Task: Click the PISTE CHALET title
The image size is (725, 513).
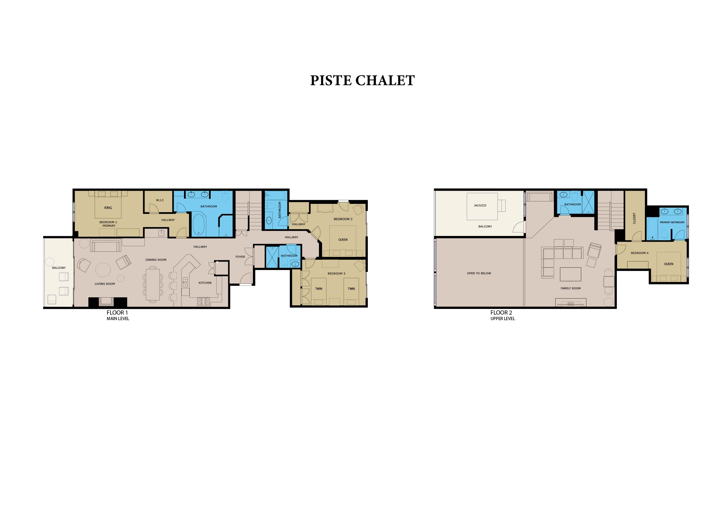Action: click(362, 81)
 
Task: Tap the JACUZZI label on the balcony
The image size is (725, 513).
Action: click(480, 205)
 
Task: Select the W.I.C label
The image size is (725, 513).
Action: click(160, 200)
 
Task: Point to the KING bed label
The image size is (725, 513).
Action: click(108, 208)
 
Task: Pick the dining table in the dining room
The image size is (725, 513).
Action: click(153, 284)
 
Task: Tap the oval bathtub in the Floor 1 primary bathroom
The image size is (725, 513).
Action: click(199, 225)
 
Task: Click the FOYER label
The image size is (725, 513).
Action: click(240, 257)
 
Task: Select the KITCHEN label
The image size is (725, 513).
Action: click(205, 283)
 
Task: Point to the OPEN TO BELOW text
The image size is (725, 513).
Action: click(479, 273)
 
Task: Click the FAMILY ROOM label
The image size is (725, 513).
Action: click(571, 288)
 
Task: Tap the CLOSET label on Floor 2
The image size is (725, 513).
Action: click(634, 218)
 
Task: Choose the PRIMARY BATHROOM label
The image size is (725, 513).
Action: click(672, 222)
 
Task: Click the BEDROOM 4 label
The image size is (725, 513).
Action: click(639, 253)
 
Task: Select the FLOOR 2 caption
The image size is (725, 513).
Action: click(501, 312)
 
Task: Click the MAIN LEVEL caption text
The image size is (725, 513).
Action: click(118, 319)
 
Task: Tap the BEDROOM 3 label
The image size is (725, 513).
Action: click(336, 274)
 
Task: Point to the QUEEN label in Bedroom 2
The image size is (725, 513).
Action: click(343, 240)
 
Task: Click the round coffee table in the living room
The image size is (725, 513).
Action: click(103, 270)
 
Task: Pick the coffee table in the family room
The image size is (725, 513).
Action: click(570, 274)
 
